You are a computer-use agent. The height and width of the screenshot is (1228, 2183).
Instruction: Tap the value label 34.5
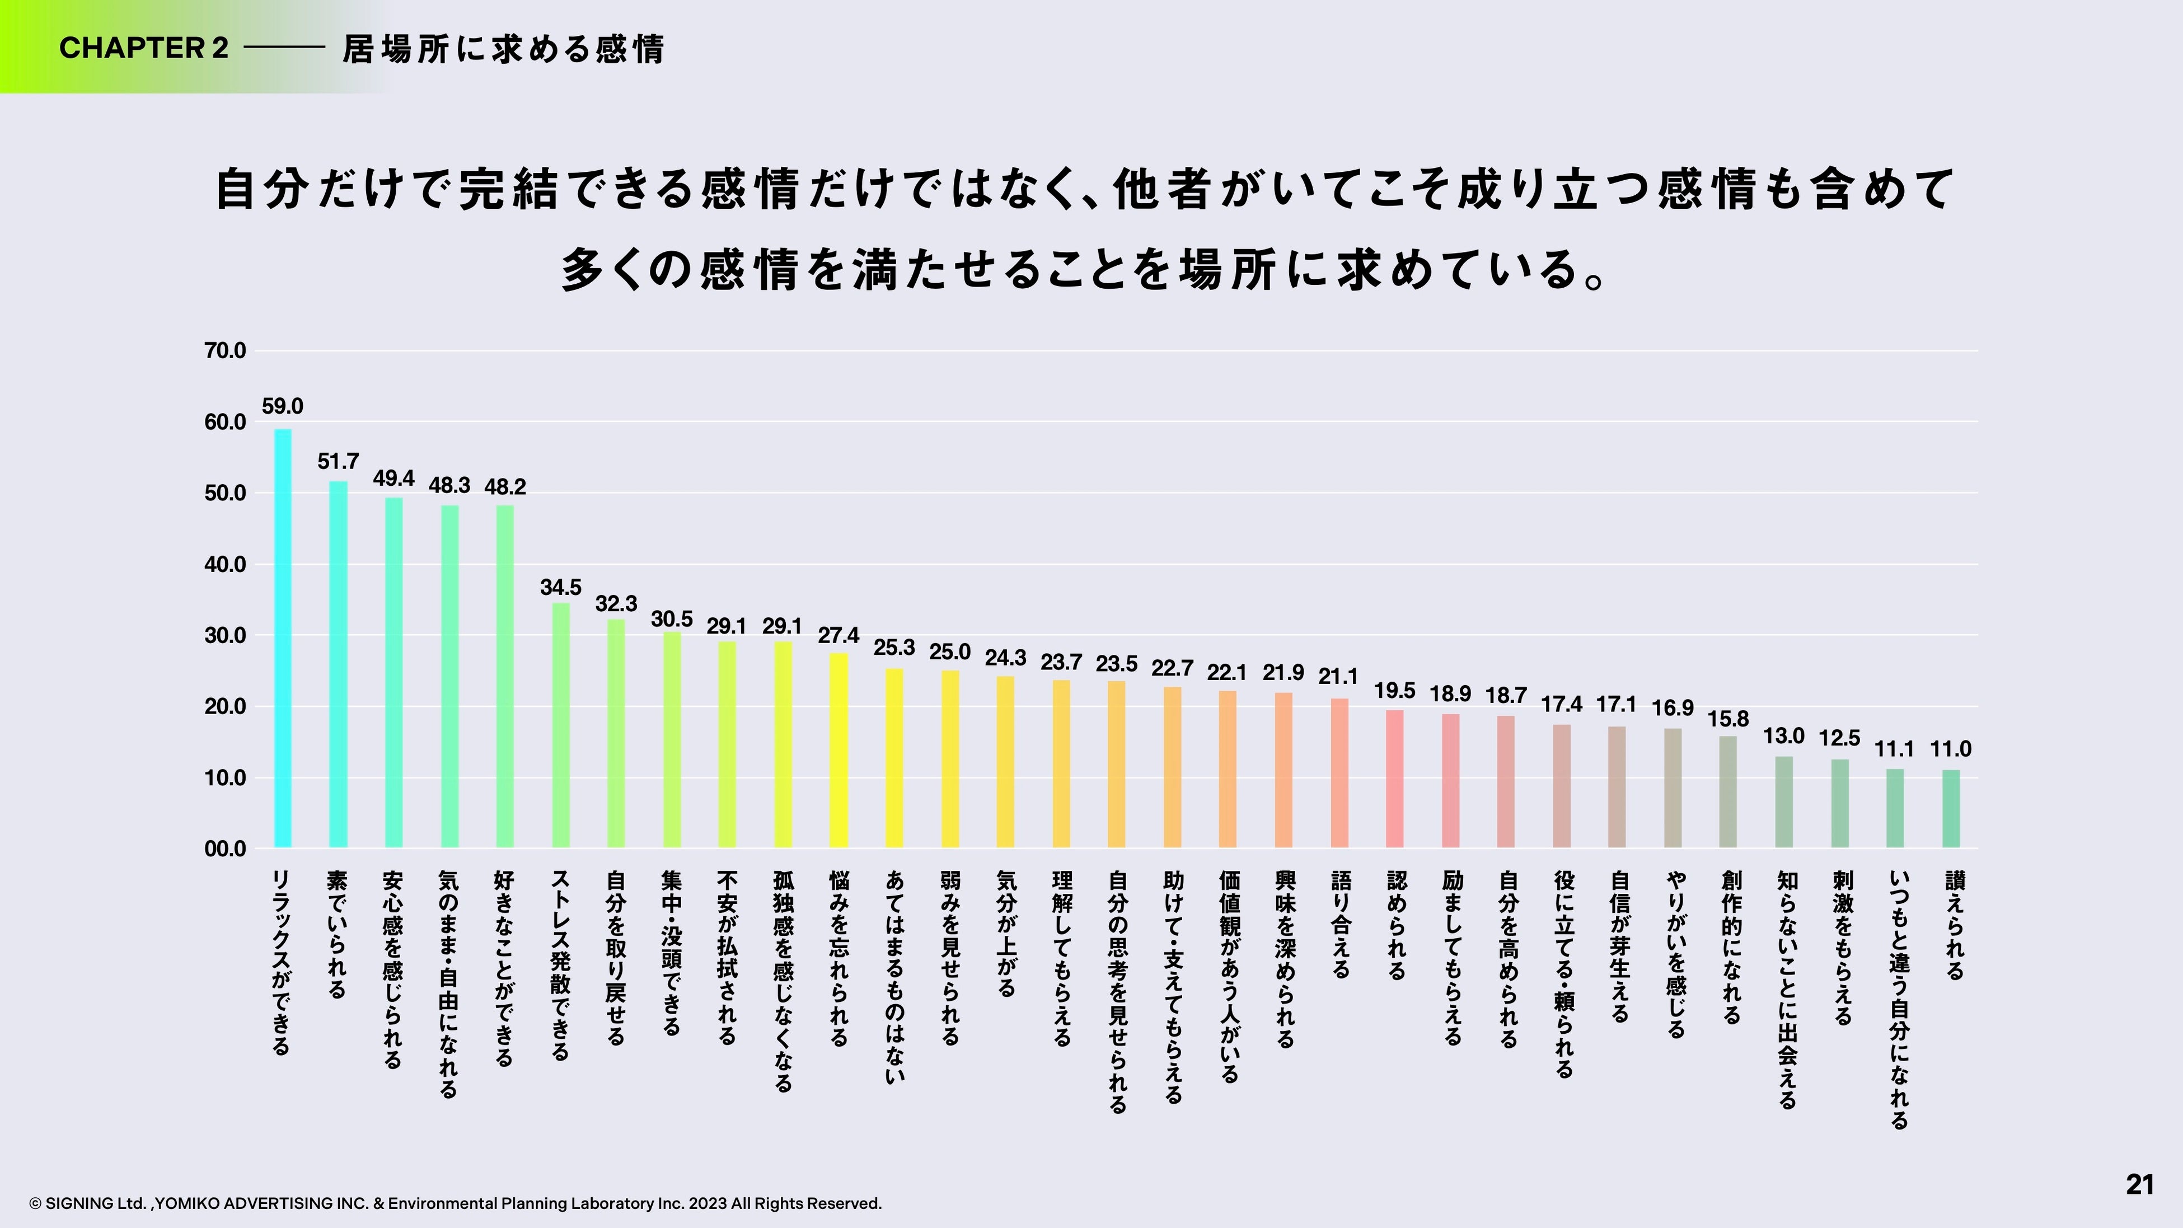pyautogui.click(x=560, y=587)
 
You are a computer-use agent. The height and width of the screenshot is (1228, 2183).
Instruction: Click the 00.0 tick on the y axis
pyautogui.click(x=224, y=849)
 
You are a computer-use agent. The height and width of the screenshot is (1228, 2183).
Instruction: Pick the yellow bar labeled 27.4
pyautogui.click(x=838, y=750)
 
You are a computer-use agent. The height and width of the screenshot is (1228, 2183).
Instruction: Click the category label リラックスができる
pyautogui.click(x=282, y=962)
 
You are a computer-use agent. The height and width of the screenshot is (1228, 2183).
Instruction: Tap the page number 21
pyautogui.click(x=2139, y=1184)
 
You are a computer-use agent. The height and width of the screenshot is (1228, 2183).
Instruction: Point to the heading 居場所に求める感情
pyautogui.click(x=503, y=49)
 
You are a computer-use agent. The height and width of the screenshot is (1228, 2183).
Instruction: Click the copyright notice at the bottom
pyautogui.click(x=455, y=1203)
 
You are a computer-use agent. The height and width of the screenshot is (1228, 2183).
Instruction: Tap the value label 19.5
pyautogui.click(x=1394, y=691)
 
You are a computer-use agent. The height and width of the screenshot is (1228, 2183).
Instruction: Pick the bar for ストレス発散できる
pyautogui.click(x=561, y=725)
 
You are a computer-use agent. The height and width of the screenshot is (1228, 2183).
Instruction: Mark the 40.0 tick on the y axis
pyautogui.click(x=224, y=564)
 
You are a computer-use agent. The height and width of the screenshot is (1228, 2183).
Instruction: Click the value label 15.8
pyautogui.click(x=1727, y=719)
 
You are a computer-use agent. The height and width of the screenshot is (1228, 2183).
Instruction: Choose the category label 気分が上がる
pyautogui.click(x=1006, y=933)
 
